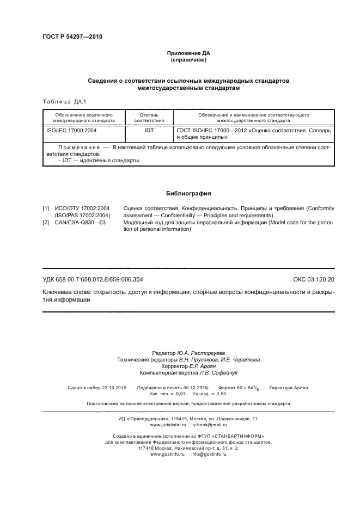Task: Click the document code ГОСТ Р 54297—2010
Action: click(72, 37)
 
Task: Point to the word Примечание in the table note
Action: click(78, 147)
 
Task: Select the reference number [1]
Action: click(46, 208)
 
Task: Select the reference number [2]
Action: click(46, 223)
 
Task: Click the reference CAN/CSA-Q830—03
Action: click(81, 223)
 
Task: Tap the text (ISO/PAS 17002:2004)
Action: click(83, 216)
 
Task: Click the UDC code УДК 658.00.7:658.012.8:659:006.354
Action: click(93, 279)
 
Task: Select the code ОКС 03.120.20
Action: click(314, 279)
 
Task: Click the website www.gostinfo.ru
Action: click(161, 453)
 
